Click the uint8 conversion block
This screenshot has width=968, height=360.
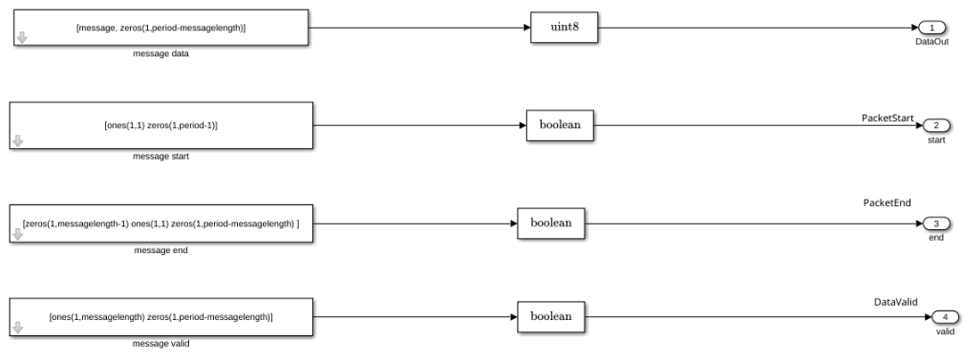[x=564, y=27]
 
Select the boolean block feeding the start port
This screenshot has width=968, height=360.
[x=560, y=126]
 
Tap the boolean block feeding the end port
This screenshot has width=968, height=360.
[x=551, y=224]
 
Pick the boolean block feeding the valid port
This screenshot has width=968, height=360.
[x=551, y=316]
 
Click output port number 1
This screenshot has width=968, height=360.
[x=932, y=27]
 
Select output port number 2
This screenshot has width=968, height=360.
[x=936, y=126]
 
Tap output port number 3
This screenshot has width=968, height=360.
[x=936, y=224]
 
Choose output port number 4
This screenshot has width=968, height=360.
[x=945, y=316]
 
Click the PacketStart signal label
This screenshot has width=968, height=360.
[x=888, y=118]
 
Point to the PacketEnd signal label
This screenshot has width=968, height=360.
[x=887, y=202]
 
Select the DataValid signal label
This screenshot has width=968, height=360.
[x=896, y=302]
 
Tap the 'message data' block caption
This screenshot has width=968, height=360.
[x=161, y=53]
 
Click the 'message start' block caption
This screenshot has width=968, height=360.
[x=161, y=156]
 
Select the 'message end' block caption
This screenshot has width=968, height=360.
[x=161, y=250]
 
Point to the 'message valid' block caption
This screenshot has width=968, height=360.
[x=161, y=343]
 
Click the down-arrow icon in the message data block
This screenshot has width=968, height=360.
[x=22, y=37]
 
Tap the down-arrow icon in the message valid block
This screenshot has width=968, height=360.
[x=18, y=327]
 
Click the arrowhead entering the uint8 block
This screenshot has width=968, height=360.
[x=527, y=27]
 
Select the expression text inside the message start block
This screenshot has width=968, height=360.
[x=161, y=126]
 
